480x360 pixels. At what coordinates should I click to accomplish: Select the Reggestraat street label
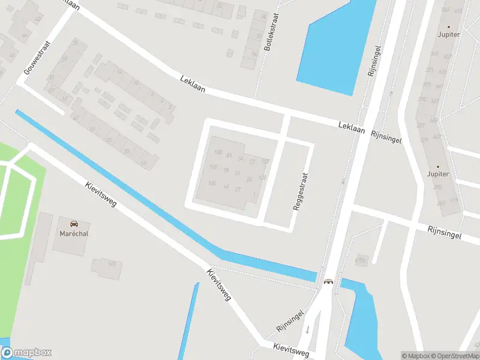tap(301, 192)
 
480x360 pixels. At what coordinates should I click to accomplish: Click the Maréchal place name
tap(74, 233)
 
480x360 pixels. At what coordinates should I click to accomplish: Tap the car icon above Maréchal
tap(74, 223)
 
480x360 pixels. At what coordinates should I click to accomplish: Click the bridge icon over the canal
tap(328, 281)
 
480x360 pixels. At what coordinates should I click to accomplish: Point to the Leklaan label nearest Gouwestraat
tap(193, 83)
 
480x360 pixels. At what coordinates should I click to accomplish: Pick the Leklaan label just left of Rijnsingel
tap(352, 127)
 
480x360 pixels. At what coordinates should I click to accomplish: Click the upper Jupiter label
tap(449, 34)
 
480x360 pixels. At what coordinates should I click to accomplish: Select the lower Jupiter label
tap(437, 174)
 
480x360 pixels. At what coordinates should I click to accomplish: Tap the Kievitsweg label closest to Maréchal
tap(100, 194)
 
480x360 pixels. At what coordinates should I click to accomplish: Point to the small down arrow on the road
tap(308, 329)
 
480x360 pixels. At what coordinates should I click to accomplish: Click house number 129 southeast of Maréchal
tap(112, 264)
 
